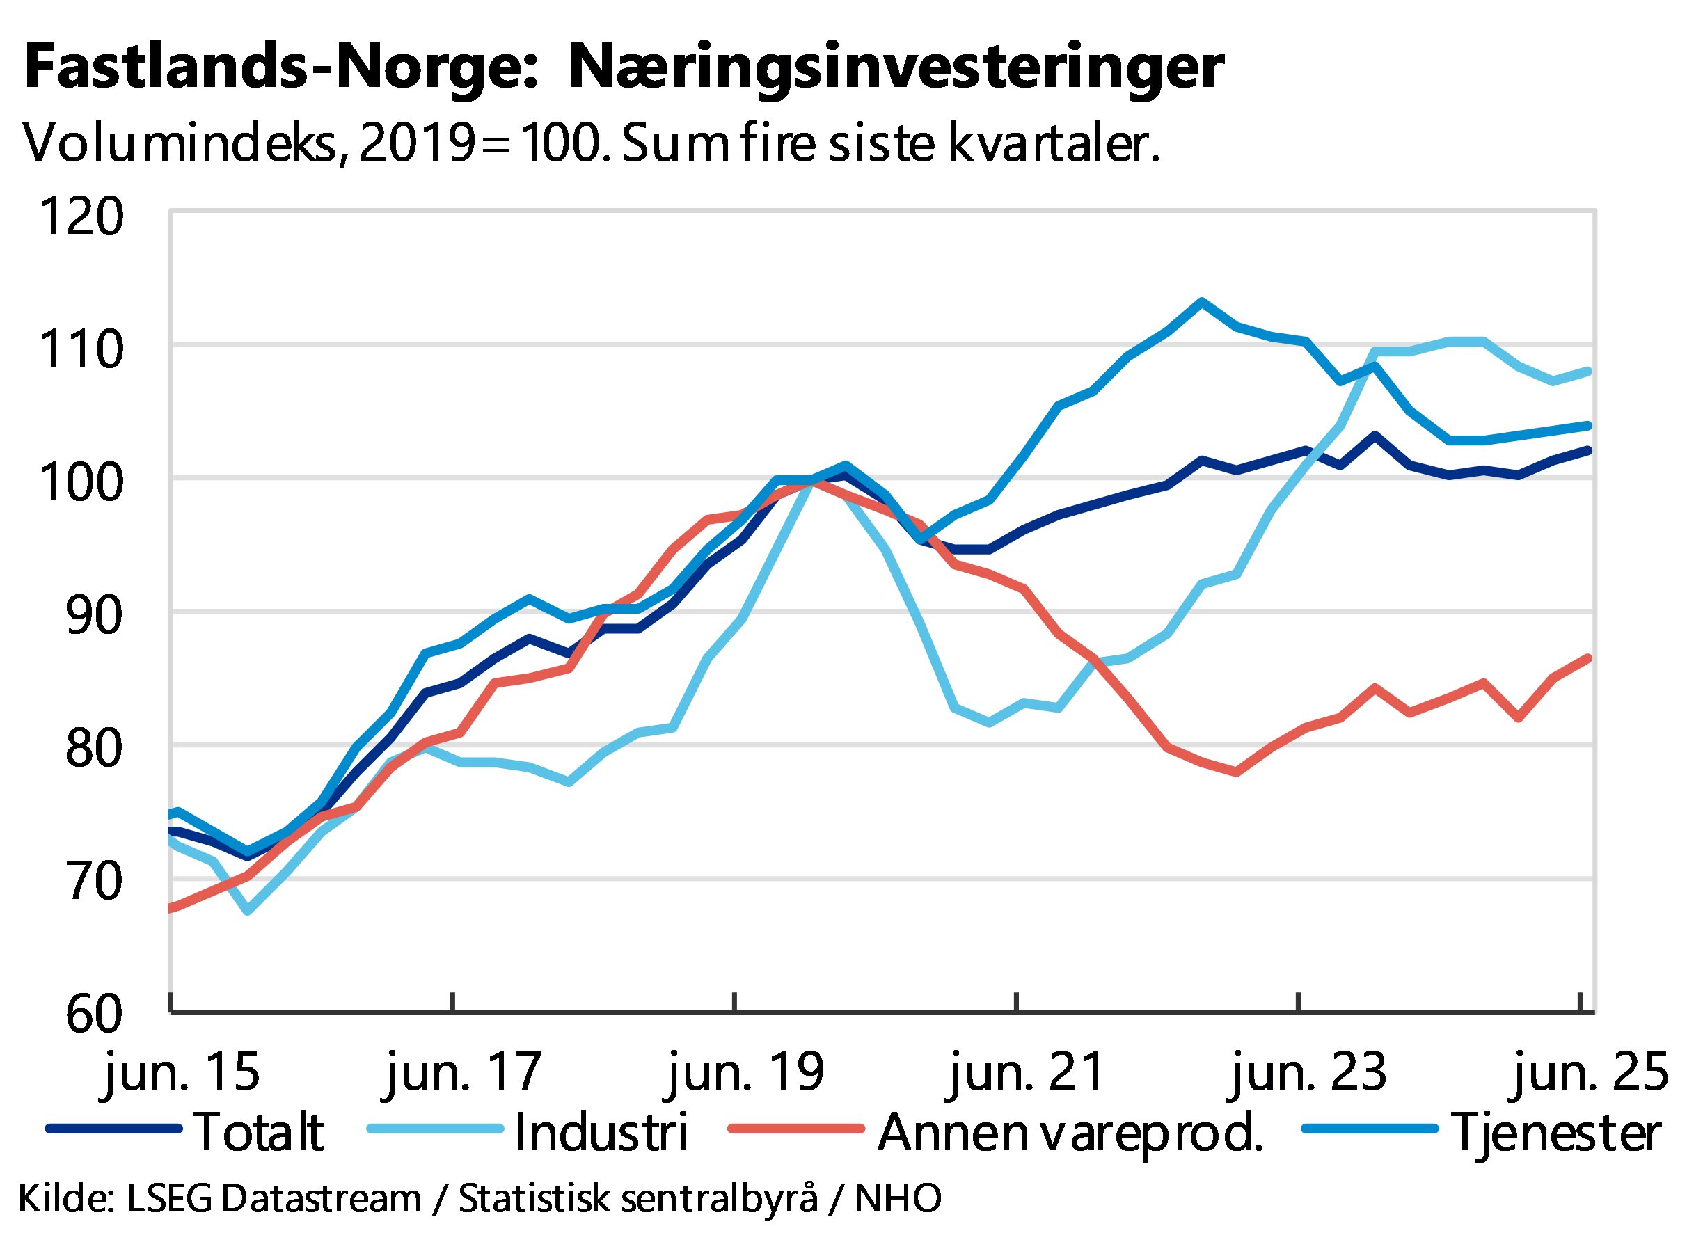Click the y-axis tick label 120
click(82, 216)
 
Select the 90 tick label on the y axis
click(93, 615)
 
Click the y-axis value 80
click(93, 748)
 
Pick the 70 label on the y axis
click(93, 881)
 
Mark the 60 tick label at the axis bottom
click(93, 1014)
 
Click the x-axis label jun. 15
click(182, 1072)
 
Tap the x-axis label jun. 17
click(463, 1072)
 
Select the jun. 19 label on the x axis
click(745, 1072)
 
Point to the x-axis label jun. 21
click(1027, 1072)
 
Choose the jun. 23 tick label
click(1308, 1072)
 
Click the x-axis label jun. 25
click(1588, 1072)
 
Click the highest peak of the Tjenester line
click(1201, 301)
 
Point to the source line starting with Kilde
click(477, 1199)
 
